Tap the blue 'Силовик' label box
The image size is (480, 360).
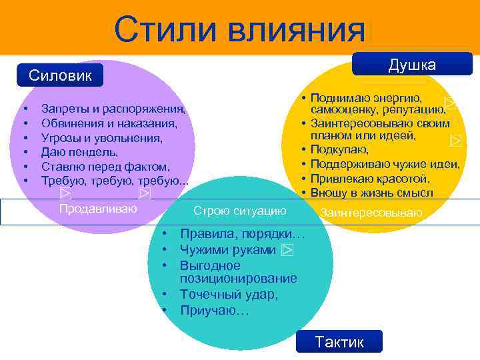point(60,75)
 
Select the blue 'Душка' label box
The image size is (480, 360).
point(411,65)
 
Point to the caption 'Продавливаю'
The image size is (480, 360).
point(98,209)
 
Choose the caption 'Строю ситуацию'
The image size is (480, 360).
point(239,211)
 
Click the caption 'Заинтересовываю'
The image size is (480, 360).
point(371,213)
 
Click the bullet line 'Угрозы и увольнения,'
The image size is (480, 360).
point(101,137)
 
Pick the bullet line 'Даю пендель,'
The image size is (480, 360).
point(79,152)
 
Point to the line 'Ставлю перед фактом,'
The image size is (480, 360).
point(105,166)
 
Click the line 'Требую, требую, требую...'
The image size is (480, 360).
point(115,181)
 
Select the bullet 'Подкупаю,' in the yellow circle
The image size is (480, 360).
point(339,150)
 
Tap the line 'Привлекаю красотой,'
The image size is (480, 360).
point(370,179)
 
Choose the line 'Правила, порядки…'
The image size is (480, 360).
point(242,235)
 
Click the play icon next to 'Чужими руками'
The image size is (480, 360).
point(287,250)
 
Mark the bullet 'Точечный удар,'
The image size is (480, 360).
point(229,294)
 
